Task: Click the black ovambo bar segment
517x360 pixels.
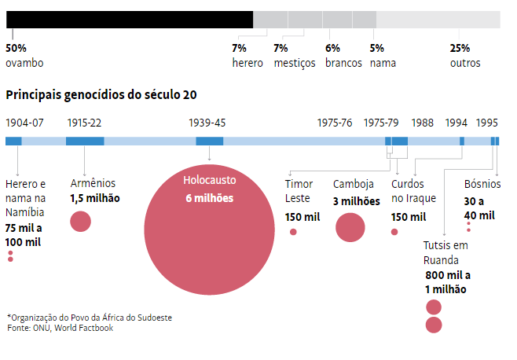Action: [130, 20]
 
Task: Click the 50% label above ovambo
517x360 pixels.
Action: [16, 48]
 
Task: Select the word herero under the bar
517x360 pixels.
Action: [247, 63]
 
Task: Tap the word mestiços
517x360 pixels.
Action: [295, 63]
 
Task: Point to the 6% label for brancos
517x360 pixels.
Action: [332, 48]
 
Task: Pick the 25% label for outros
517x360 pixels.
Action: [460, 48]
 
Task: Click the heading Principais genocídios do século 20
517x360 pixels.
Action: [101, 95]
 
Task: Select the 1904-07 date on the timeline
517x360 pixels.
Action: [24, 123]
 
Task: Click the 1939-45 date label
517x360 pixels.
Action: [207, 123]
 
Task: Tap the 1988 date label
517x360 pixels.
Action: [422, 123]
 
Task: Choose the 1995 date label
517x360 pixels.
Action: [487, 123]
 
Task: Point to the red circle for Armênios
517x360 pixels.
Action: [81, 222]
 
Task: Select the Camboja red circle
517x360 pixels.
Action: [350, 228]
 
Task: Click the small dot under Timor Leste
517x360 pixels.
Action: [294, 232]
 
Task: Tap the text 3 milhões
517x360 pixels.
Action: [356, 201]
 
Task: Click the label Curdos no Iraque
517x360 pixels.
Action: [413, 191]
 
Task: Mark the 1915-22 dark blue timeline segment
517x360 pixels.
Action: [85, 141]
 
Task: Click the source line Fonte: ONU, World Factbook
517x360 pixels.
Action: [60, 328]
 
